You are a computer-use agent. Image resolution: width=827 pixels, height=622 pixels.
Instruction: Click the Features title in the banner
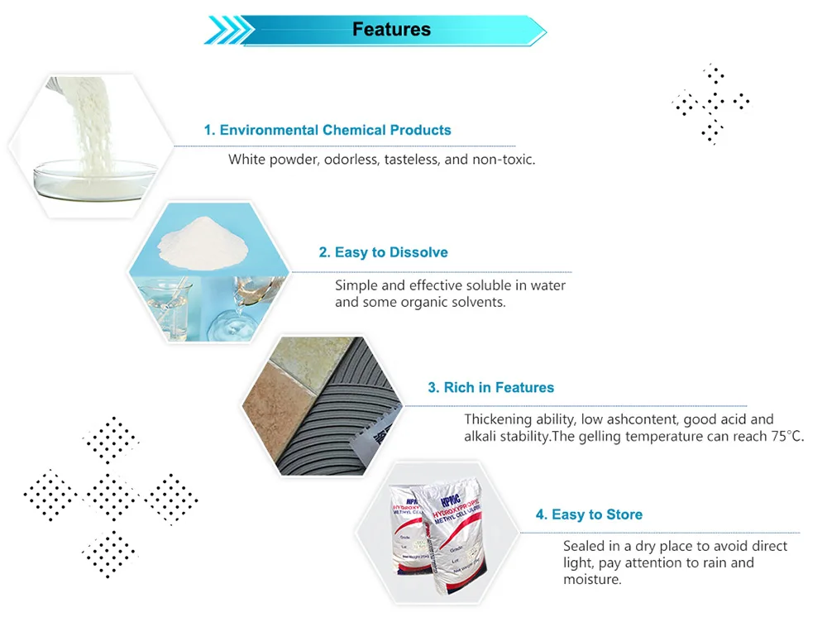pyautogui.click(x=391, y=30)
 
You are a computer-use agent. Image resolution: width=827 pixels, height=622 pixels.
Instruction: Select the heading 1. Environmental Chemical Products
pyautogui.click(x=327, y=130)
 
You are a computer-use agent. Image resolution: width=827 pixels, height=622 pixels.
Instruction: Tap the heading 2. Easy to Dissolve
pyautogui.click(x=384, y=252)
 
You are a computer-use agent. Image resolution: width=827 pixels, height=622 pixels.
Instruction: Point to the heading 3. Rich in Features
pyautogui.click(x=490, y=387)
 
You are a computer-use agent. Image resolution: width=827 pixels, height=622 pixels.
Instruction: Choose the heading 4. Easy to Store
pyautogui.click(x=589, y=514)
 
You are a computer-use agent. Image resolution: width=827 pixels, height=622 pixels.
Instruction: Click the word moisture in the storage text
pyautogui.click(x=591, y=579)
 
